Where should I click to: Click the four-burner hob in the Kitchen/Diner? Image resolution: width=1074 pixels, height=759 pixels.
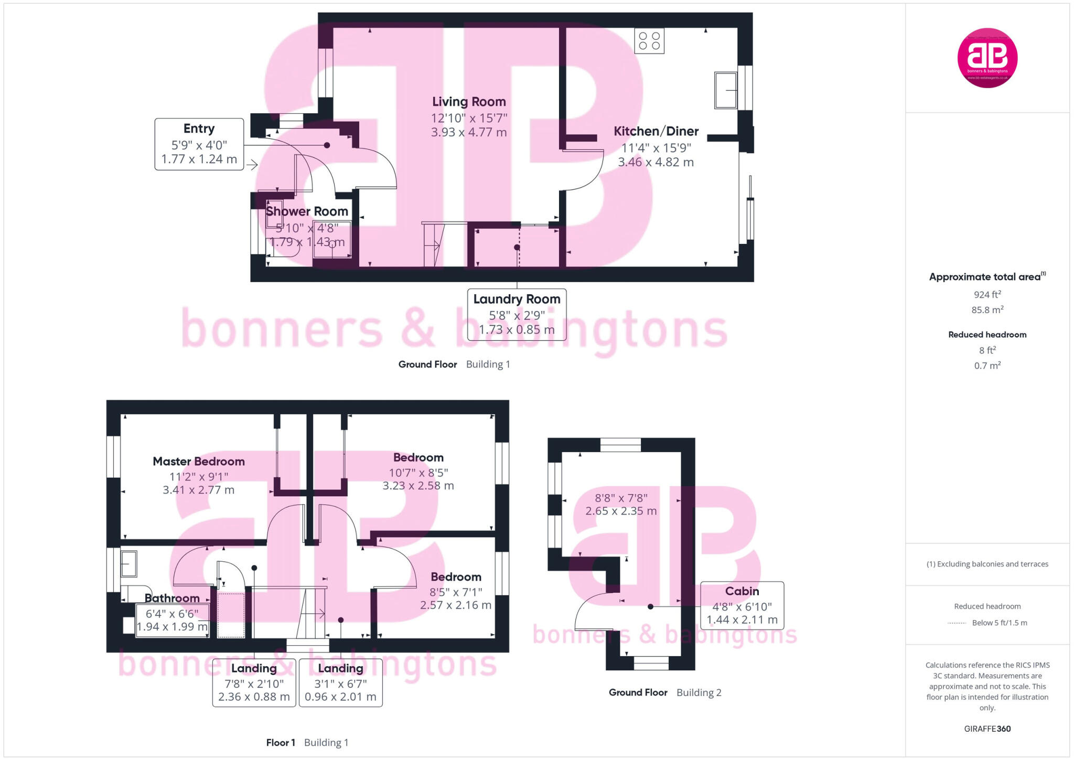[x=649, y=41]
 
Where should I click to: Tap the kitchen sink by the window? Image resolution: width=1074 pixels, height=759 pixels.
[x=726, y=90]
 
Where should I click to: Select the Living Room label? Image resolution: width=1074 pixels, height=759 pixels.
[x=469, y=102]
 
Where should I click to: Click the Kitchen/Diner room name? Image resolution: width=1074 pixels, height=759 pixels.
[x=656, y=131]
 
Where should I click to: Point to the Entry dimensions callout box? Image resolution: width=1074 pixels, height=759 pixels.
[x=199, y=144]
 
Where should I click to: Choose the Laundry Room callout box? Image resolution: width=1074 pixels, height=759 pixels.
[x=517, y=314]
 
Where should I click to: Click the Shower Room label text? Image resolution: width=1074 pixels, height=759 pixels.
[x=307, y=211]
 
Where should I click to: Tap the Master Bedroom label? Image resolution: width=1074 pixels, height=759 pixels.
[x=199, y=462]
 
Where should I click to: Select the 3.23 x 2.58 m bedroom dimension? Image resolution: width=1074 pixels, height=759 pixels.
[x=418, y=486]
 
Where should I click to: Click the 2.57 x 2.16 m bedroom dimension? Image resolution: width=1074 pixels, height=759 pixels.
[x=455, y=605]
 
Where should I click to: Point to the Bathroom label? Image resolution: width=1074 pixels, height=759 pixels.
[x=172, y=598]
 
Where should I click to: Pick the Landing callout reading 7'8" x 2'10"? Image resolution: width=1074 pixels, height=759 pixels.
[x=254, y=682]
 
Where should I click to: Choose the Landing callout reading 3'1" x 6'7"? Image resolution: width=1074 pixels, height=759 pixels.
[x=340, y=682]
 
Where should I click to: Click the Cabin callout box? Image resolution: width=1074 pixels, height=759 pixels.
[x=742, y=605]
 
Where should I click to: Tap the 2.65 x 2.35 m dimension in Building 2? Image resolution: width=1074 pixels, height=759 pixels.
[x=621, y=511]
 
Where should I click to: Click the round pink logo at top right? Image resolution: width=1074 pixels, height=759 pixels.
[x=987, y=58]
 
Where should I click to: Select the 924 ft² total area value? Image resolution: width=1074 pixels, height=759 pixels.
[x=987, y=295]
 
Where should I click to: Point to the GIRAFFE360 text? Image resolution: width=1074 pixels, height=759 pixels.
[x=987, y=729]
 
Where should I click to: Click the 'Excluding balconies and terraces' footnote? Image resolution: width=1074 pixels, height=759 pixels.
[x=987, y=564]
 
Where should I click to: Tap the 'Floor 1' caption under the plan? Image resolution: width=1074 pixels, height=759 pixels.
[x=281, y=743]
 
